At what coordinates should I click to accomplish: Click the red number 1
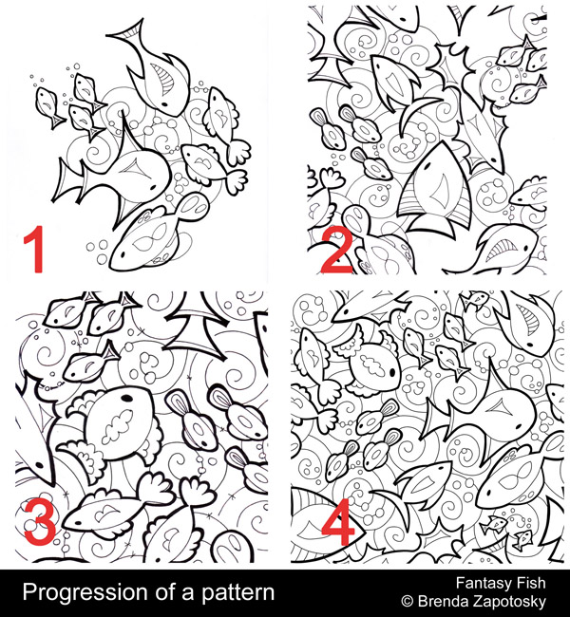click(34, 249)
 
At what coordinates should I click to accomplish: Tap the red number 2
click(336, 251)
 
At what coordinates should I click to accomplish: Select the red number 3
click(39, 521)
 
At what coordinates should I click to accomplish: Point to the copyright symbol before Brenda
click(408, 601)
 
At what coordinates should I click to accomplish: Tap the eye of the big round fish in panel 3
click(127, 399)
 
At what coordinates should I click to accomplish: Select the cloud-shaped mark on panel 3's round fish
click(117, 426)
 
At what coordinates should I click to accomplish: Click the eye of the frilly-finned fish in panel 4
click(392, 372)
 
